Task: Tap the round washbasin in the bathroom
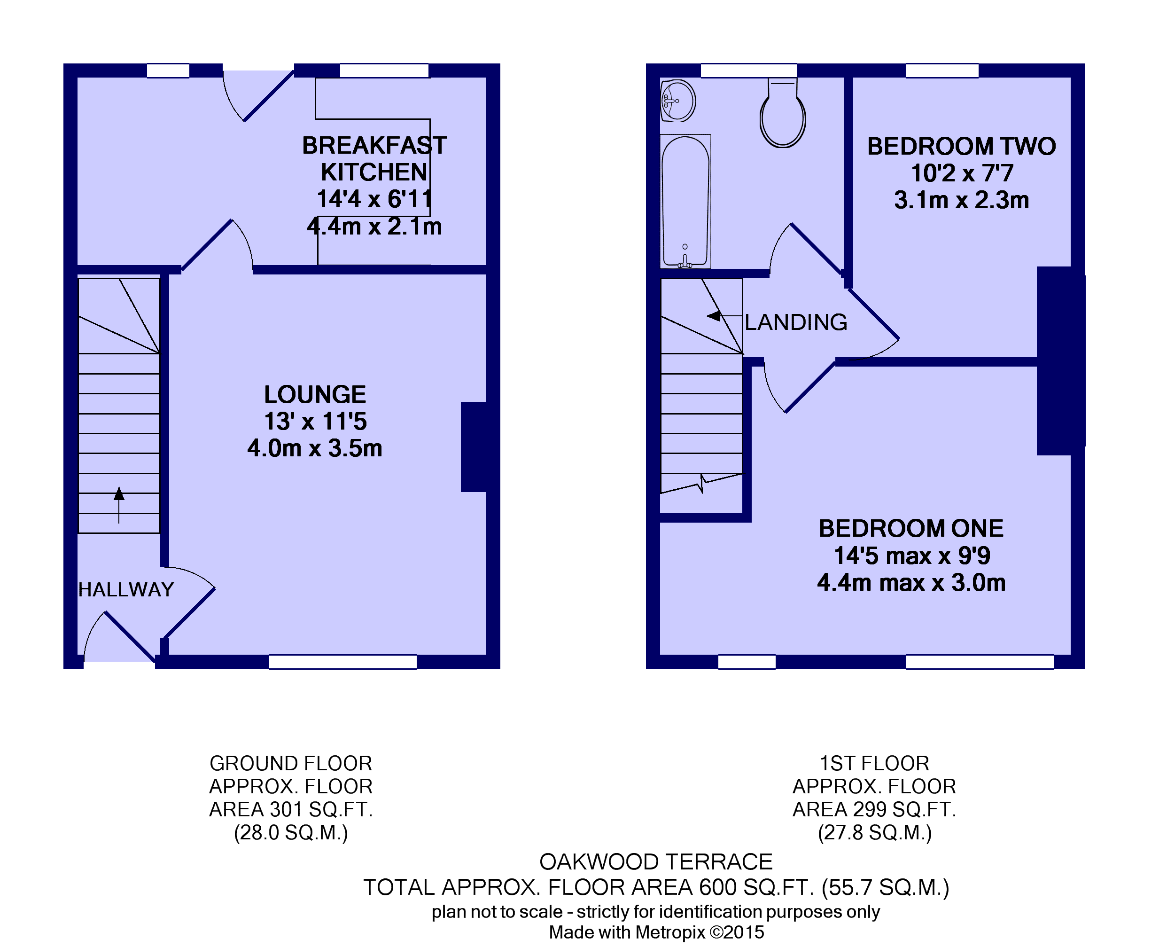[x=677, y=101]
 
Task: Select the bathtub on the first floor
[x=685, y=201]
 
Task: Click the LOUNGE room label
[x=315, y=394]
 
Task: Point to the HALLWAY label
[x=126, y=590]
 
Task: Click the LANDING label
[x=796, y=322]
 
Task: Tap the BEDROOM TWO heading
[x=961, y=146]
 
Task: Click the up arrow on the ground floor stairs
[x=119, y=505]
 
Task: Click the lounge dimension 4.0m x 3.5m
[x=315, y=448]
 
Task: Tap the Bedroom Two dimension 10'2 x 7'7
[x=962, y=173]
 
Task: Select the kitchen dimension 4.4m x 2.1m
[x=374, y=227]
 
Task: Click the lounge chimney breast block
[x=474, y=447]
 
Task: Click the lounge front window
[x=343, y=662]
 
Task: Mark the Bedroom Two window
[x=942, y=70]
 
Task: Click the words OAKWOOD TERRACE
[x=656, y=862]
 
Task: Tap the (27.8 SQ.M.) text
[x=875, y=832]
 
